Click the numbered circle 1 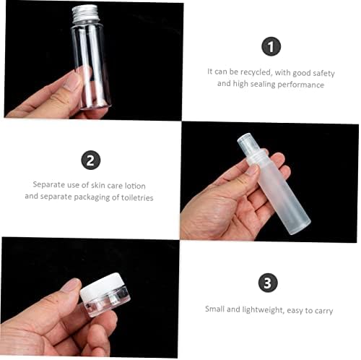pos(271,46)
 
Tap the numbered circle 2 pos(91,160)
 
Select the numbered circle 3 pos(268,283)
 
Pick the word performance pos(300,85)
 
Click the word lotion pos(135,186)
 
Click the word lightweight pos(263,309)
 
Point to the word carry pos(323,311)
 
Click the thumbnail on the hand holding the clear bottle pos(72,81)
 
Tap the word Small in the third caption pos(214,309)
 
